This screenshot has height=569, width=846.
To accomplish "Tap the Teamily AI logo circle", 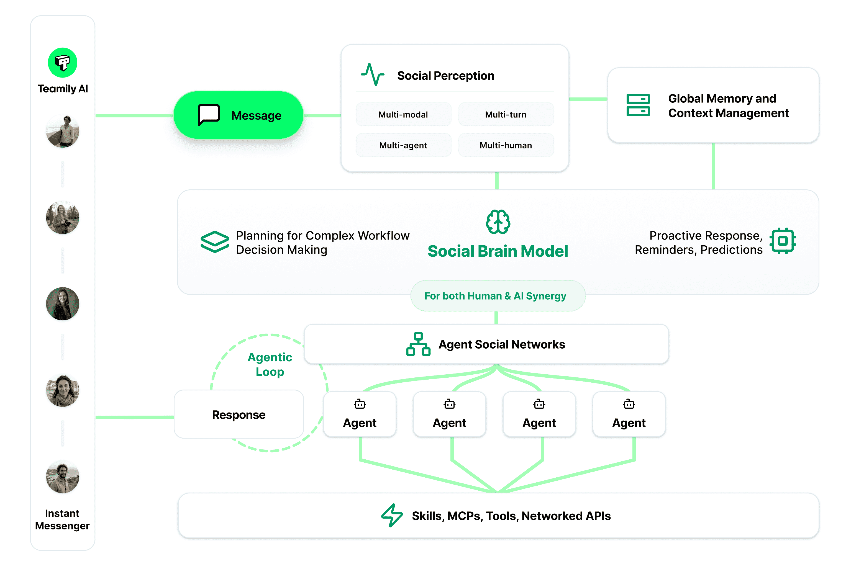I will tap(62, 62).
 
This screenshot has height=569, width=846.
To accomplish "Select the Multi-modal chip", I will tap(403, 115).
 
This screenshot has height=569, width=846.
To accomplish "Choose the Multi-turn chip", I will tap(506, 115).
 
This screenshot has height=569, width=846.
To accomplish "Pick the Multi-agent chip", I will tap(403, 145).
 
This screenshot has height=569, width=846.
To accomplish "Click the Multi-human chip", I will tap(506, 145).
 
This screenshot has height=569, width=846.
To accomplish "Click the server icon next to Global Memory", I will tap(638, 105).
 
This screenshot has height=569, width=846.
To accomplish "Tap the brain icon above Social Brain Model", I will tap(498, 222).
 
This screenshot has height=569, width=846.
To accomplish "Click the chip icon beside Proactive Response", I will tap(783, 241).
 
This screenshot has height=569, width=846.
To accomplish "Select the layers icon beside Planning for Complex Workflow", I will tap(215, 241).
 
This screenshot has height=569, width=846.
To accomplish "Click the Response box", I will tap(239, 414).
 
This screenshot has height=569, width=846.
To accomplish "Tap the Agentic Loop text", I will tap(270, 364).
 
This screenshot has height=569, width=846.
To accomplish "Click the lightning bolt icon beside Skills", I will tap(392, 515).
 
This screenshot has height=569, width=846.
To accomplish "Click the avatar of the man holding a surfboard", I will tap(62, 131).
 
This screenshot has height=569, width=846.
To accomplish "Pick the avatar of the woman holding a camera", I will tap(62, 217).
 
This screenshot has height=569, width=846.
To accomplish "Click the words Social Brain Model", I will tap(498, 251).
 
